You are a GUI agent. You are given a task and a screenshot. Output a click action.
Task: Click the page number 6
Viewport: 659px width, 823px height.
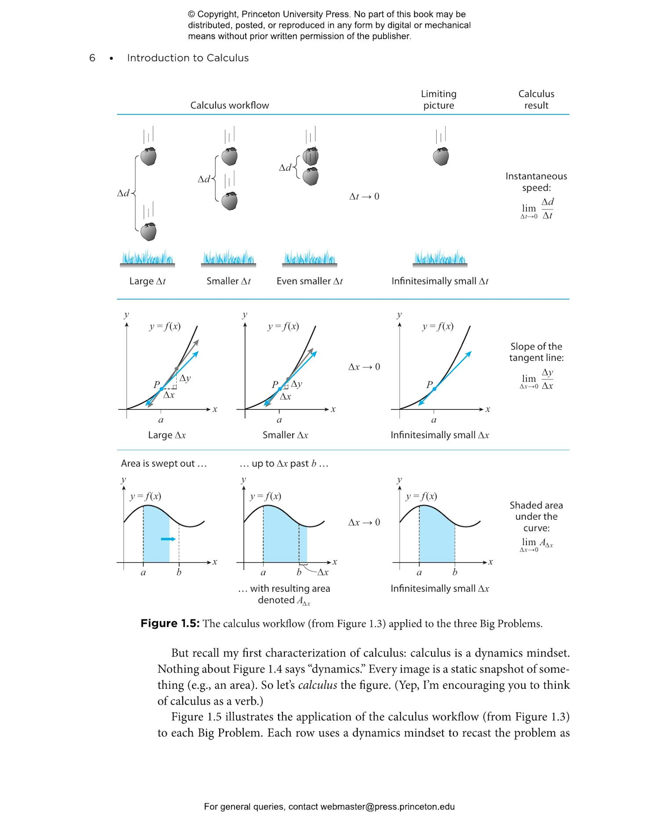92,58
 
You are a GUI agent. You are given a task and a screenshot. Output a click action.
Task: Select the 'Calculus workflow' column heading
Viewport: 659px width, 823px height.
229,105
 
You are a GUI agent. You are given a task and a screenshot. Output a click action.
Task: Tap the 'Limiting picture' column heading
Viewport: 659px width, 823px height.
438,100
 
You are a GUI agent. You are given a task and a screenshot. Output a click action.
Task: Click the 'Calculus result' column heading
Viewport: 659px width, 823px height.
536,100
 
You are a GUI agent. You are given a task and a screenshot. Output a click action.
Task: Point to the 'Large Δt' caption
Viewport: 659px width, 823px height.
147,281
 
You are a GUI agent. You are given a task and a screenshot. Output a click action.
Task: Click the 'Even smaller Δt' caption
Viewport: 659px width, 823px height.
309,281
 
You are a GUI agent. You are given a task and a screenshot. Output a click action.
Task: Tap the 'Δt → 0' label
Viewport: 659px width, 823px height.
364,197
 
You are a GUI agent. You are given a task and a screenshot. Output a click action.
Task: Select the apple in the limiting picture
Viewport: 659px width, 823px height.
441,156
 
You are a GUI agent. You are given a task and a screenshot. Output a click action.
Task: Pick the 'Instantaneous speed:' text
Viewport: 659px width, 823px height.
536,182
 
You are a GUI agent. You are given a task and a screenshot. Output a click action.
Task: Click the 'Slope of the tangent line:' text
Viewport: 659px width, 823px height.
536,352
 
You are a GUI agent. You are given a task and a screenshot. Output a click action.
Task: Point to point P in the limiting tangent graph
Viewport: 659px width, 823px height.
434,389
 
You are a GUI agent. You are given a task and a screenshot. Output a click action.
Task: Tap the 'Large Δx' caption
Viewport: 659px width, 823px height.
167,435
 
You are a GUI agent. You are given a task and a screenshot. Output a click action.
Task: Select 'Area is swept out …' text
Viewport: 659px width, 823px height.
163,464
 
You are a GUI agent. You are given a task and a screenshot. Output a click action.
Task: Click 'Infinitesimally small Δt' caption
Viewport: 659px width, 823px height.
440,281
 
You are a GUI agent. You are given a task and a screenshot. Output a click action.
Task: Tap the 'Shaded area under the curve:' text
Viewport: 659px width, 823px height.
536,517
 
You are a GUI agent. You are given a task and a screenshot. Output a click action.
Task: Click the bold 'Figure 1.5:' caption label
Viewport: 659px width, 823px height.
170,624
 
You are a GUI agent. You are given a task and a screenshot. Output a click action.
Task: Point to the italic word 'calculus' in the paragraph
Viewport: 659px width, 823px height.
317,685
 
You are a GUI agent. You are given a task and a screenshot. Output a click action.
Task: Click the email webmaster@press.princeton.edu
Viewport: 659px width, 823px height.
387,807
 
